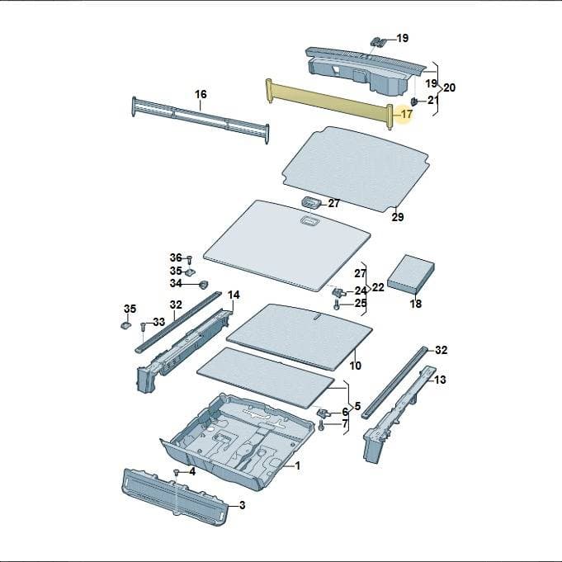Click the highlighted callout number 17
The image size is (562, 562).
point(407,115)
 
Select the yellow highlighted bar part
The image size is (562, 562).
point(329,104)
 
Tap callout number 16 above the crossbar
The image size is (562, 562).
point(201,94)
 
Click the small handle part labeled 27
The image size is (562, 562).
point(311,202)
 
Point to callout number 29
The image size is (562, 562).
point(398,217)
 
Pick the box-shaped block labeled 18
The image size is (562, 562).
point(411,274)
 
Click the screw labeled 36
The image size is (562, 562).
point(190,259)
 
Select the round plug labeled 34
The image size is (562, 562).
point(204,285)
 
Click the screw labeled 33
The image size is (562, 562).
point(143,327)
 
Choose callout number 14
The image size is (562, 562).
point(234,295)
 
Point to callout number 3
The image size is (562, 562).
point(243,505)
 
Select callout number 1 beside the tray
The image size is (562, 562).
point(297,465)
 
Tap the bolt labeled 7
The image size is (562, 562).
point(321,426)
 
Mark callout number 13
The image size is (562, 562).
point(440,380)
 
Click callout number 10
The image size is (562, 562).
point(355,366)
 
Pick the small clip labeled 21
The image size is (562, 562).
point(414,102)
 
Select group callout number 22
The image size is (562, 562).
point(378,287)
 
